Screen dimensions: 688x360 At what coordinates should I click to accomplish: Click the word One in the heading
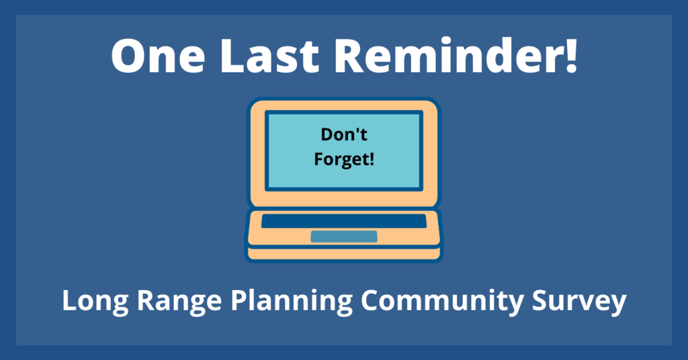[158, 55]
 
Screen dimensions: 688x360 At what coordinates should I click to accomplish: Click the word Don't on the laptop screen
[344, 134]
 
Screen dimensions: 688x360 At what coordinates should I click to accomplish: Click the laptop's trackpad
[344, 236]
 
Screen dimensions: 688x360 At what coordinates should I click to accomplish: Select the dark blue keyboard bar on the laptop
[344, 221]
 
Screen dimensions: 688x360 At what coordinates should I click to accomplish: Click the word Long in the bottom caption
[95, 302]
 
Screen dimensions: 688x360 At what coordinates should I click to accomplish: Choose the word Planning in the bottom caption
[292, 302]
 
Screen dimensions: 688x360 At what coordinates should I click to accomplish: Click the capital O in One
[130, 55]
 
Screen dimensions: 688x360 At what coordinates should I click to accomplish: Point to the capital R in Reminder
[350, 55]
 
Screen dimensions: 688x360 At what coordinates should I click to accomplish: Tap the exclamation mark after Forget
[372, 159]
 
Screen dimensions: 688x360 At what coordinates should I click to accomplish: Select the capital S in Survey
[541, 300]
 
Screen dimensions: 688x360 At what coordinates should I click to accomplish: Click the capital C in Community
[371, 300]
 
